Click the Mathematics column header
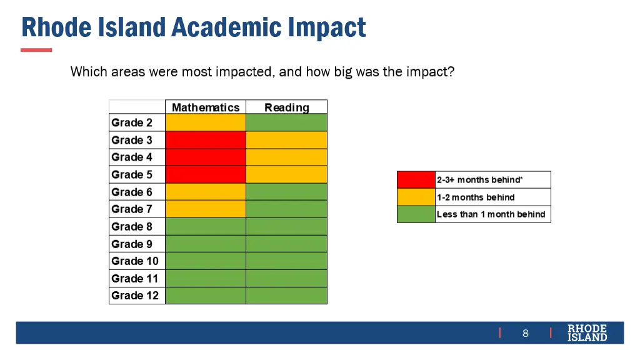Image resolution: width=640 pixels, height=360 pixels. pos(205,107)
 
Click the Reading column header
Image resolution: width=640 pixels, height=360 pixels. pos(286,107)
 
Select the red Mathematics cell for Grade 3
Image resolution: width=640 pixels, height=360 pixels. pos(205,140)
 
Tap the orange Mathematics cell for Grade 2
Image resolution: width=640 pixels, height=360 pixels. pos(205,122)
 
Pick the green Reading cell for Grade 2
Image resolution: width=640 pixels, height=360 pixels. pos(286,122)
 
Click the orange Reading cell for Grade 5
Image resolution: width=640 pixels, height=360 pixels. pos(286,174)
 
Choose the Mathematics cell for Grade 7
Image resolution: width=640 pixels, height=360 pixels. pos(205,209)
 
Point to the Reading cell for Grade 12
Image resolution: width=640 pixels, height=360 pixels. pos(286,296)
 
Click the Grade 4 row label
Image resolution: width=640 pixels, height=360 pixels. pos(132,157)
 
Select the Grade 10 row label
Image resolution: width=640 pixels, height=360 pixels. pos(135,261)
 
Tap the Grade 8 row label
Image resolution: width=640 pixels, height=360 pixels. pos(132,226)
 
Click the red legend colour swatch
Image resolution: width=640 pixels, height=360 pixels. pos(416,180)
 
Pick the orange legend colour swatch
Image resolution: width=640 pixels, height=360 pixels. pos(416,197)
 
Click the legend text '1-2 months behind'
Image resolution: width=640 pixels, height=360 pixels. pos(476,197)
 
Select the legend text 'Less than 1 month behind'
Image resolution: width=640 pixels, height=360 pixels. pos(491,214)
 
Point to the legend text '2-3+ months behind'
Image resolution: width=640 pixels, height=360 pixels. pos(479,180)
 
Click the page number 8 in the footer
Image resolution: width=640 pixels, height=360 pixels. pos(526,333)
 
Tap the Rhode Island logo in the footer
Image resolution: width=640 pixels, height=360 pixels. pos(587,332)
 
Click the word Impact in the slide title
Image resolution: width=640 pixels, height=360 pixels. pos(327,28)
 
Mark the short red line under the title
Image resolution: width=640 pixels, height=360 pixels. pos(36,50)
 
